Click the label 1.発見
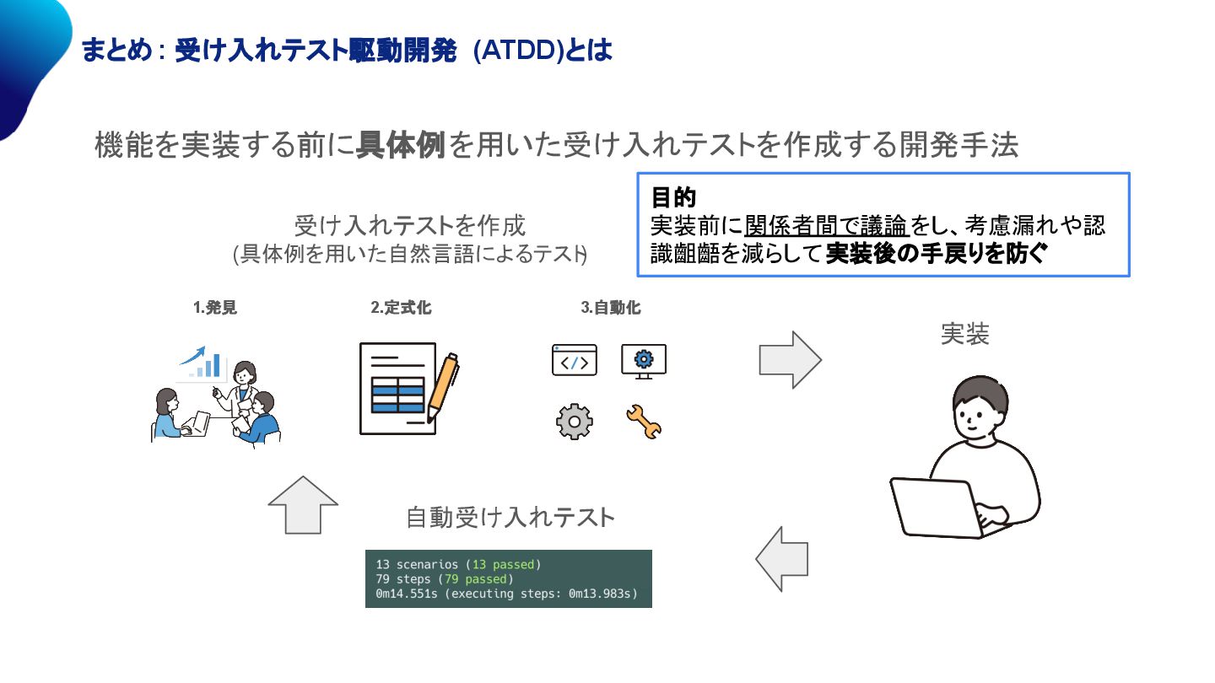pos(215,308)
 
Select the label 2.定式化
pos(401,308)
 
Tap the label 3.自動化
pos(611,308)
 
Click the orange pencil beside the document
pos(443,387)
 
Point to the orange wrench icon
pos(644,422)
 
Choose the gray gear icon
pos(575,421)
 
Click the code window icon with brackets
pos(574,360)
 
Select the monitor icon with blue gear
pos(644,361)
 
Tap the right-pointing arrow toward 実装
pos(790,360)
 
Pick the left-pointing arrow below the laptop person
pos(782,559)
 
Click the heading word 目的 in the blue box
pos(673,198)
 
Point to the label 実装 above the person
pos(964,334)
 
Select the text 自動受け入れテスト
pos(510,517)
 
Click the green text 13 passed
pos(504,564)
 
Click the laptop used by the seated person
pos(937,507)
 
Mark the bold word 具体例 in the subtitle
pos(400,145)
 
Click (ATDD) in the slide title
pos(517,51)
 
